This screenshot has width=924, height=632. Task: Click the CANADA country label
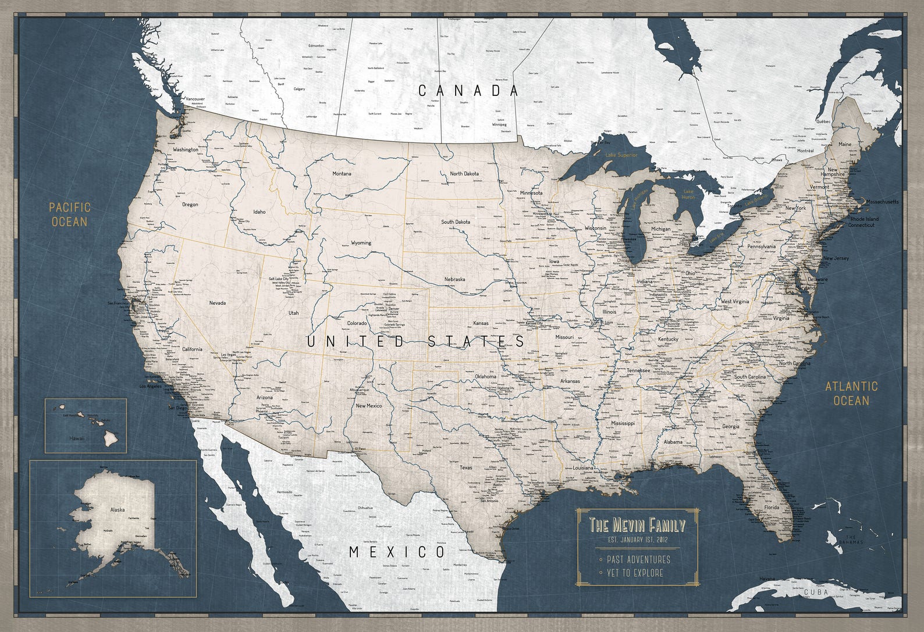468,91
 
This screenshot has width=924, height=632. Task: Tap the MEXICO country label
397,552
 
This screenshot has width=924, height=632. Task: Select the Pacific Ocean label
69,214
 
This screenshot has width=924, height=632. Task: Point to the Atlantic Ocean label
851,393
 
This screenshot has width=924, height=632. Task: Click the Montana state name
342,174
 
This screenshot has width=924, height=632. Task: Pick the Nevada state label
218,303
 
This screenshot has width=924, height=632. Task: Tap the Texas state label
466,467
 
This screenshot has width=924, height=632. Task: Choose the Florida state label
772,508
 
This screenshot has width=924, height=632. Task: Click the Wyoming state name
361,243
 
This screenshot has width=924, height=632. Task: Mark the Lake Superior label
621,155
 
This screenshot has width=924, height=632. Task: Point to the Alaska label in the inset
118,510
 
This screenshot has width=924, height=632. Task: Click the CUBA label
816,592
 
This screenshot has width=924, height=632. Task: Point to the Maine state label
844,144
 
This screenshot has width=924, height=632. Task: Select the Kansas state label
481,323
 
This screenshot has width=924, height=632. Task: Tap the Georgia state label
731,426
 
